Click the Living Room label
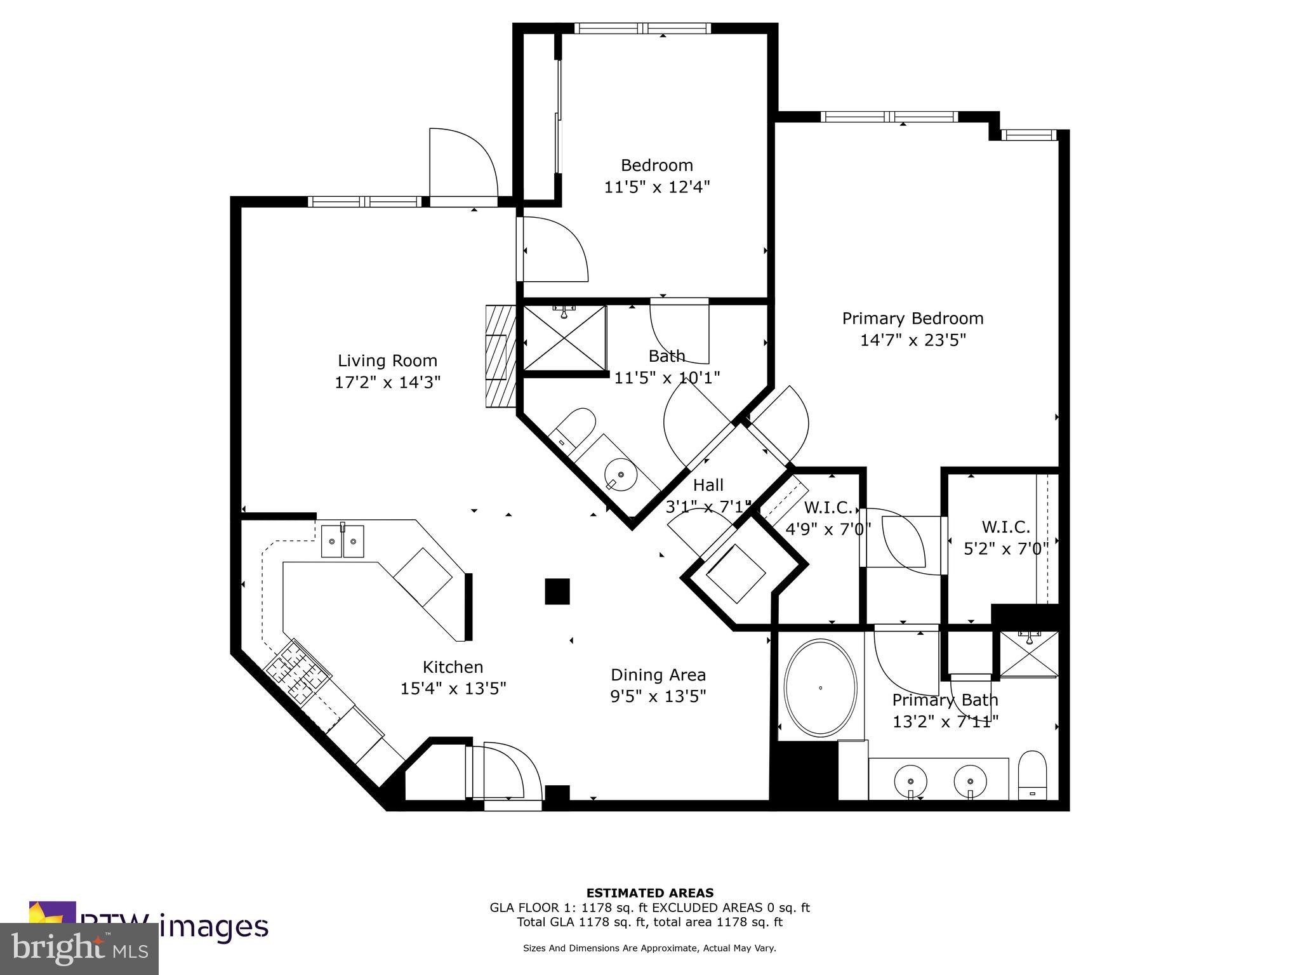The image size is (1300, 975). pos(387,361)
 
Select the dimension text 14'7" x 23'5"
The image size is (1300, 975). pos(912,340)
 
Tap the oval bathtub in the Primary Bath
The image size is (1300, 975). pos(820,688)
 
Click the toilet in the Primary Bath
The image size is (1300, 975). pos(1031,776)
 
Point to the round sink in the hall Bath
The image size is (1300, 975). pos(620,474)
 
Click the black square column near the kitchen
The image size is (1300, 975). pos(557,591)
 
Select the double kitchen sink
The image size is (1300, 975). pos(342,541)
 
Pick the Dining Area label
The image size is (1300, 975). pos(658,675)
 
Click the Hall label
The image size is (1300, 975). pos(708,486)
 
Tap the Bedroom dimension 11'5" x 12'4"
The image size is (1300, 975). pos(656,187)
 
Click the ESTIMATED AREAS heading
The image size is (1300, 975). pos(649,893)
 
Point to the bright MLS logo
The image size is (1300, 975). pos(79,949)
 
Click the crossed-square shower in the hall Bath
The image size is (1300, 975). pos(564,338)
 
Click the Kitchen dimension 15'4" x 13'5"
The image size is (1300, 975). pos(453,689)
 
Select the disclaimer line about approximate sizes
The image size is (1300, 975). pos(649,948)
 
